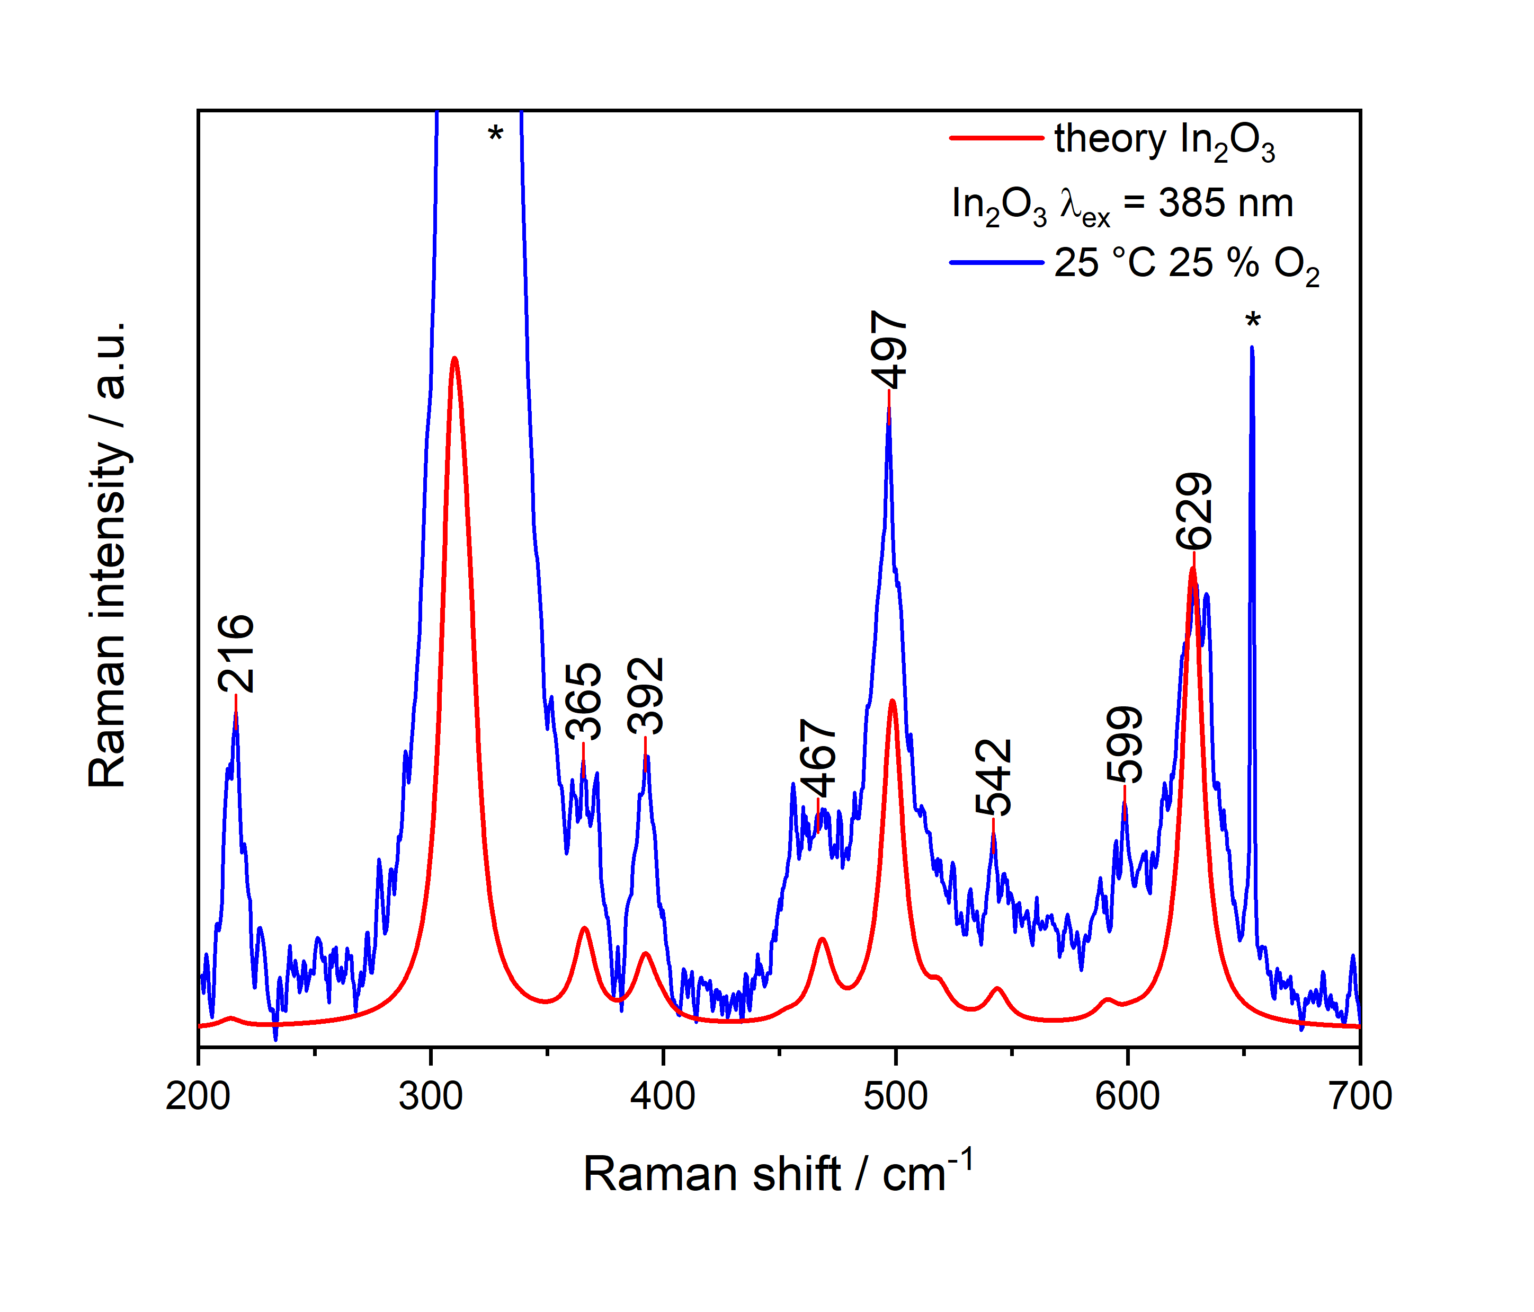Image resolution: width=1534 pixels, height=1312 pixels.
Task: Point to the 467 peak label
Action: pyautogui.click(x=818, y=757)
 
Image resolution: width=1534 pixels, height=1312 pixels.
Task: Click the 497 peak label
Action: pyautogui.click(x=888, y=350)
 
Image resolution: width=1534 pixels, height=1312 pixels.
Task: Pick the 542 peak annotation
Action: pyautogui.click(x=993, y=777)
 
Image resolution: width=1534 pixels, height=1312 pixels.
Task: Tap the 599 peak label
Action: pyautogui.click(x=1125, y=744)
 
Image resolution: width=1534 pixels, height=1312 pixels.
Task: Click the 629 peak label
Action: pyautogui.click(x=1193, y=511)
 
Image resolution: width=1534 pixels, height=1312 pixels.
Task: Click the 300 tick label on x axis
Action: pyautogui.click(x=430, y=1095)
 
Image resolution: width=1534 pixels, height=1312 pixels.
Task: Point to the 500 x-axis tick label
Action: pyautogui.click(x=895, y=1095)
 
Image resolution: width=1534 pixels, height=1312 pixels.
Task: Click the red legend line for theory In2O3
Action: pyautogui.click(x=996, y=138)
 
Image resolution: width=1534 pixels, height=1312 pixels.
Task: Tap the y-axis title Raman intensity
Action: pyautogui.click(x=108, y=555)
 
